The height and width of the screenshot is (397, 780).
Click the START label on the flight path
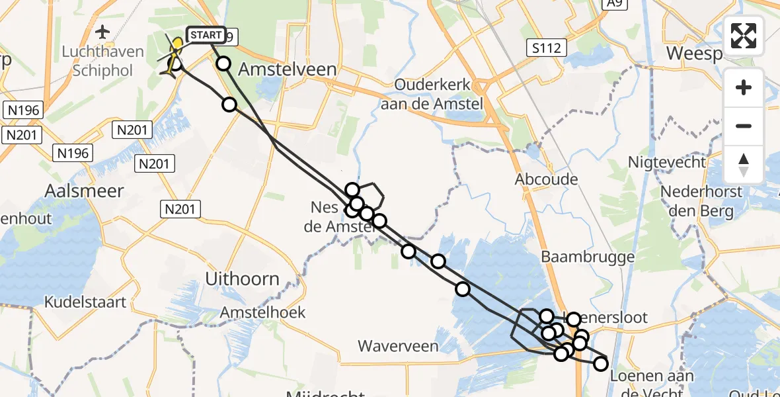tap(206, 35)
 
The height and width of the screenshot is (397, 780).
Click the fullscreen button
tap(744, 36)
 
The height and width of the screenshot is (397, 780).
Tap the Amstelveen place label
tap(287, 69)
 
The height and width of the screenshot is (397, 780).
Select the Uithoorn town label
tap(242, 279)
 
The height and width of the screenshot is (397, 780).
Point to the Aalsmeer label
tap(84, 191)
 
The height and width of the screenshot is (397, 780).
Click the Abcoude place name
tap(547, 179)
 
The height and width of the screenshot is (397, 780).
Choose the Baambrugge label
tap(588, 257)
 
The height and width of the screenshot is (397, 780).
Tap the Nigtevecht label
tap(669, 162)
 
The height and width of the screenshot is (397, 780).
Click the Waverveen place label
tap(398, 345)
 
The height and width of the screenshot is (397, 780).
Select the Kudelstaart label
tap(85, 302)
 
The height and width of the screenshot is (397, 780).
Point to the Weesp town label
tap(694, 53)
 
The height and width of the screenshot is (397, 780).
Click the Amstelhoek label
tap(262, 312)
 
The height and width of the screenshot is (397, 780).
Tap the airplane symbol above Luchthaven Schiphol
tap(102, 32)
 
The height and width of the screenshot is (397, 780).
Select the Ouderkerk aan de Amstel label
tap(439, 94)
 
